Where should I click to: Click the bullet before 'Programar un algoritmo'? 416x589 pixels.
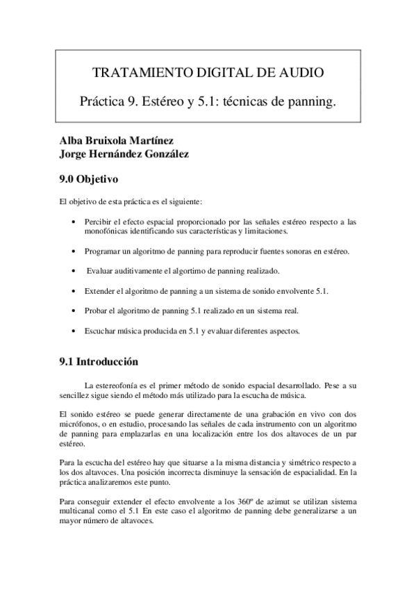[x=75, y=250]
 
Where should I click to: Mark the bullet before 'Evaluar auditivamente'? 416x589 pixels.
[x=75, y=270]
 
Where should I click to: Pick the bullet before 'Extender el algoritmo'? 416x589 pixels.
[x=75, y=290]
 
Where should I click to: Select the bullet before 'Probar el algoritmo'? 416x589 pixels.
[x=75, y=310]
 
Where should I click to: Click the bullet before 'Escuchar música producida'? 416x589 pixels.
[x=75, y=331]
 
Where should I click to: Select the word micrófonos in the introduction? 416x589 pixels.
[x=75, y=423]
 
